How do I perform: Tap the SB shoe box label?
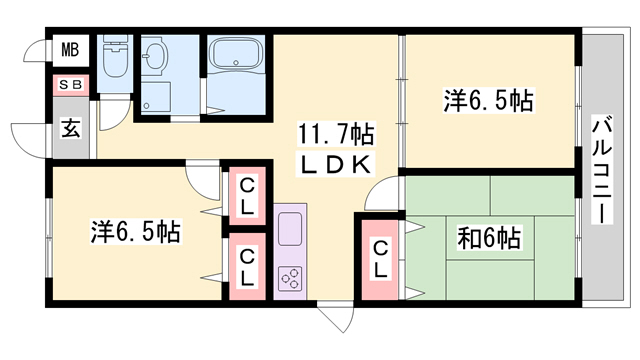click(70, 87)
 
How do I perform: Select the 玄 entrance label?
click(71, 128)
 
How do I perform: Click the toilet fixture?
click(115, 58)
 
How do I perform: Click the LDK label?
click(334, 162)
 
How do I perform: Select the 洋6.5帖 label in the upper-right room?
click(487, 100)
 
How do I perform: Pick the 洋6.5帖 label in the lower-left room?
click(136, 232)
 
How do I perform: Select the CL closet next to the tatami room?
click(382, 259)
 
